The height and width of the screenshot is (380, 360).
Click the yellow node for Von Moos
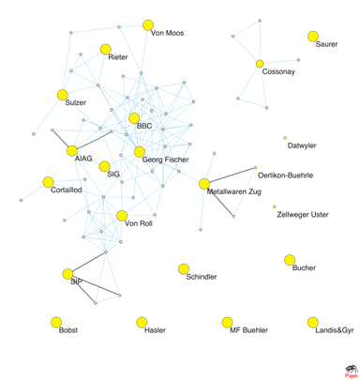[148, 25]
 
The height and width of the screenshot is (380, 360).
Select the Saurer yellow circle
[313, 37]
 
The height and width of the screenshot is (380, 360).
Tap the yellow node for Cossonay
[260, 64]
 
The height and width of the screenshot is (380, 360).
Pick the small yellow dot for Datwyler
[285, 138]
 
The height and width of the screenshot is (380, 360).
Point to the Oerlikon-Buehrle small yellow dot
[255, 168]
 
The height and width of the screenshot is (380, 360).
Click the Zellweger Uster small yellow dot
[275, 206]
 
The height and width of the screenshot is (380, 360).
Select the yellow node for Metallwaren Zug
[204, 184]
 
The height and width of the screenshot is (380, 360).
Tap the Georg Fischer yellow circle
[140, 152]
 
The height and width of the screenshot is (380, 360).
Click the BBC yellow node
[134, 118]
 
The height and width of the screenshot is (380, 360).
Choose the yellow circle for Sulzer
[63, 95]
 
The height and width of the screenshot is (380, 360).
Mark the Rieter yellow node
[106, 50]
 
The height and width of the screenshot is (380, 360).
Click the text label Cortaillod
[67, 190]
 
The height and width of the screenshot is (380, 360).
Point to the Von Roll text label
[139, 223]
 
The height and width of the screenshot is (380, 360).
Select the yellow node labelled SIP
[67, 274]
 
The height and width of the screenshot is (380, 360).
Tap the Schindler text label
[202, 277]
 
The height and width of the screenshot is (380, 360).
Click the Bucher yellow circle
[290, 260]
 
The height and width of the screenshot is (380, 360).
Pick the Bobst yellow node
[56, 322]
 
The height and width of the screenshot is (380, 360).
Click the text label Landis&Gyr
[335, 330]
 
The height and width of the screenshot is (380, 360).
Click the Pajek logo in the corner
[352, 372]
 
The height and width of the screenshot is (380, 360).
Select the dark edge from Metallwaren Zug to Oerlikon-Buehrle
[232, 175]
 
